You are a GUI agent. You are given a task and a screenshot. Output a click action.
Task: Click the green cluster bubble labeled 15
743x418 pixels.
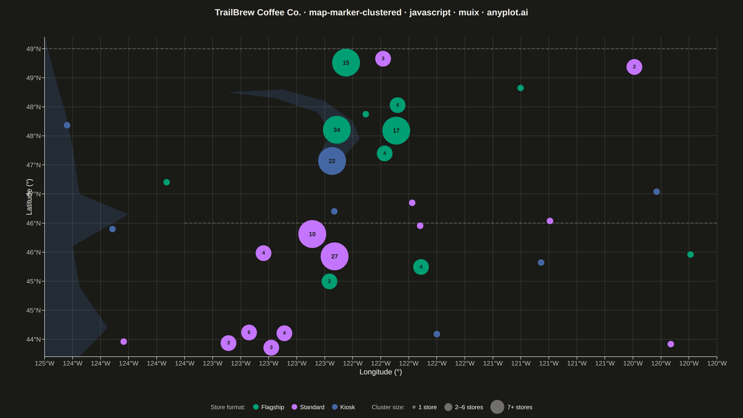tap(346, 63)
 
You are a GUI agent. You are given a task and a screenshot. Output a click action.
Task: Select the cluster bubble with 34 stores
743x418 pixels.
tap(337, 130)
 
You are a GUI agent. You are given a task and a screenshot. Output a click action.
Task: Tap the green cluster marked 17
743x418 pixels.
tap(396, 130)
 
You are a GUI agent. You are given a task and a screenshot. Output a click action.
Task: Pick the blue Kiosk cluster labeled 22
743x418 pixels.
tap(332, 161)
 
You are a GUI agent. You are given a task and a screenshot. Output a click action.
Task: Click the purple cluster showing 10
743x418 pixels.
tap(312, 234)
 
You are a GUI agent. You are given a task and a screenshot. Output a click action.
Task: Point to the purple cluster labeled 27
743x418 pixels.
tap(334, 256)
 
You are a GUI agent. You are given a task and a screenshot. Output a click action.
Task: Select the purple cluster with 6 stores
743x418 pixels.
tap(249, 332)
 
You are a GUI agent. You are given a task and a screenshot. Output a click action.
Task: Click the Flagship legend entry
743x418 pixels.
tap(269, 407)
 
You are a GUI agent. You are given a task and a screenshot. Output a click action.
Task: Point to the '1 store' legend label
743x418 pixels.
tap(427, 407)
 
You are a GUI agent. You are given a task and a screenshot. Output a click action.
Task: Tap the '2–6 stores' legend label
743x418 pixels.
tap(469, 407)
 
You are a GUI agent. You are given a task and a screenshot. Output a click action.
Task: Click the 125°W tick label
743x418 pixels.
tap(44, 363)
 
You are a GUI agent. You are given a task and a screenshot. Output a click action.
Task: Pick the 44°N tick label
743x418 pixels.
tap(33, 339)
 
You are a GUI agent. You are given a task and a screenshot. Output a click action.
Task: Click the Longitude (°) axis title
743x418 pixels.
tap(381, 372)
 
